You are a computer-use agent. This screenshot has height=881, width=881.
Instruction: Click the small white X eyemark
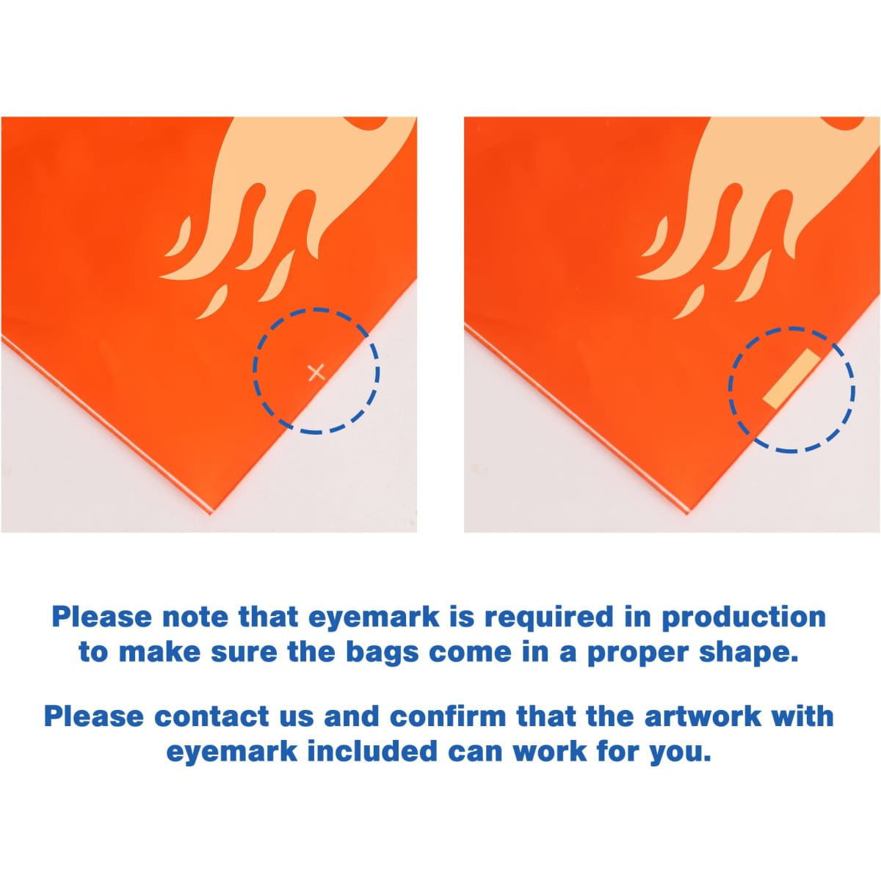[316, 373]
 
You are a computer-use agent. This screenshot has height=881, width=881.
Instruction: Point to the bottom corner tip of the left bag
[211, 514]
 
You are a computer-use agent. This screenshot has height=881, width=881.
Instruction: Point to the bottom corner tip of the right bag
[687, 515]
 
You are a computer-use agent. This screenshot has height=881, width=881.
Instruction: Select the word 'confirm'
[448, 717]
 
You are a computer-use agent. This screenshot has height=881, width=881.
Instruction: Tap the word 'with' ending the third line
[803, 717]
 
